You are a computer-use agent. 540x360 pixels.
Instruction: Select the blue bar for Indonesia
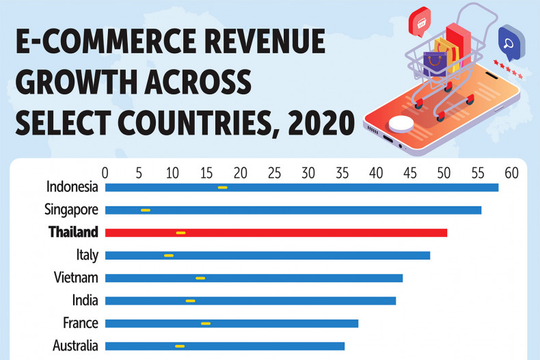[301, 187]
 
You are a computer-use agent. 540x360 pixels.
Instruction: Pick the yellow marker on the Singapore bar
[145, 210]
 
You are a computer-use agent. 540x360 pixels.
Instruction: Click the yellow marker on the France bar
[206, 323]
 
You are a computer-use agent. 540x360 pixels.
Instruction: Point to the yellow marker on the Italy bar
[169, 255]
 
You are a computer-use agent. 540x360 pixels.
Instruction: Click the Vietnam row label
[76, 277]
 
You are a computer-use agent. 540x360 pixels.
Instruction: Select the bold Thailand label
[73, 232]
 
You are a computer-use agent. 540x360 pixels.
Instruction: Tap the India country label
[85, 300]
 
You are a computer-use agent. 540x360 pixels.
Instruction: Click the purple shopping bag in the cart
[433, 64]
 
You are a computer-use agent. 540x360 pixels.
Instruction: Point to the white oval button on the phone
[401, 124]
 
